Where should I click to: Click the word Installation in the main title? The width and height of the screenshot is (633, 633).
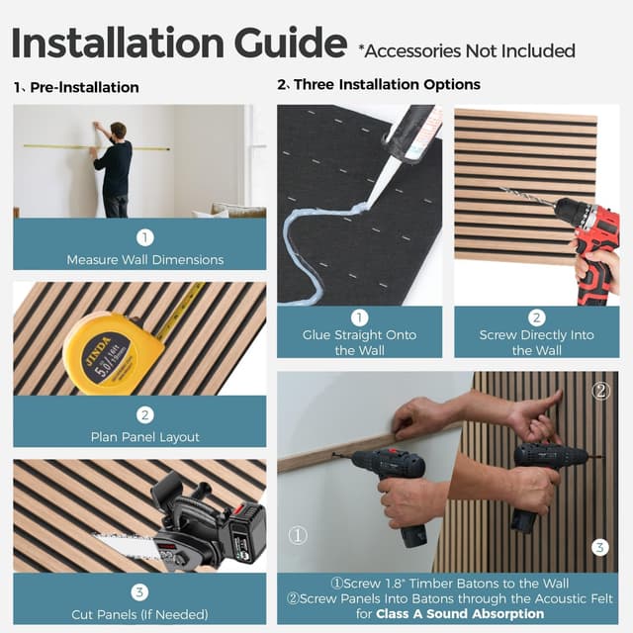pos(110,45)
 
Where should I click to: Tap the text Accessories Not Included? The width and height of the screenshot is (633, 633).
pos(466,49)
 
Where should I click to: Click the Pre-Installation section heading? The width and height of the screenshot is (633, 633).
pos(84,87)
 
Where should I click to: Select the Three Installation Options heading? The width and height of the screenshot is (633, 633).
pos(387,85)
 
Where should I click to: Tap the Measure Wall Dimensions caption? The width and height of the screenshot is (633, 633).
pos(145,260)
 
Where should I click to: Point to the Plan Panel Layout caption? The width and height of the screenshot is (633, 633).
pos(145,436)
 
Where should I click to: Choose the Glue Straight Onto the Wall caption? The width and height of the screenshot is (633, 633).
pos(359,342)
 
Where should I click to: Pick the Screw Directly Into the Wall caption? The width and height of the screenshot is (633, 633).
pos(537,342)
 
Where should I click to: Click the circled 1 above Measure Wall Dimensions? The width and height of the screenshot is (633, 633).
pos(145,237)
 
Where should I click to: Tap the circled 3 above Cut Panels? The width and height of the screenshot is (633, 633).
pos(139,591)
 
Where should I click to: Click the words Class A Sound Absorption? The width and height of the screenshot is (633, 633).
pos(460,613)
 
